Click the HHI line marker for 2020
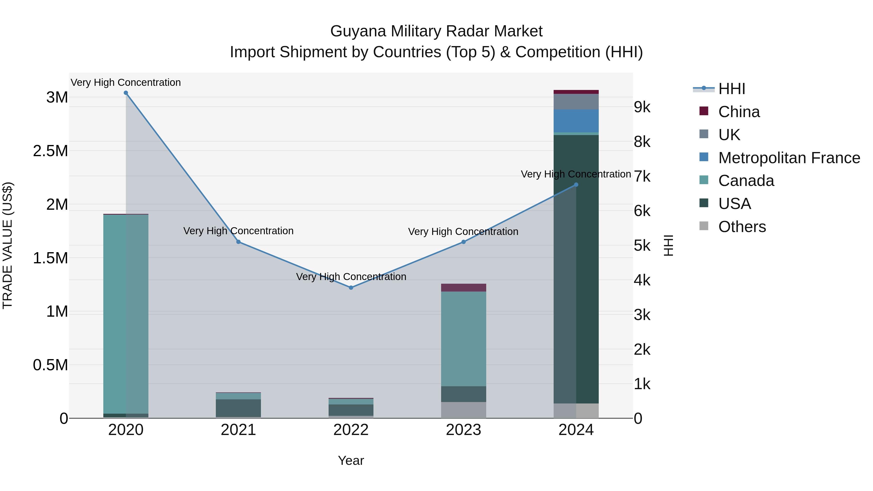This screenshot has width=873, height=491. pyautogui.click(x=126, y=93)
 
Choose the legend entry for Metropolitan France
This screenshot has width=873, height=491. pyautogui.click(x=789, y=158)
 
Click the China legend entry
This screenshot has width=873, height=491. pyautogui.click(x=739, y=112)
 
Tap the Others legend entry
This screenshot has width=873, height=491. pyautogui.click(x=742, y=227)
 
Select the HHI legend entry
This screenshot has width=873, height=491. pyautogui.click(x=731, y=89)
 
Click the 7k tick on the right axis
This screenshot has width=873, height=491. pyautogui.click(x=642, y=177)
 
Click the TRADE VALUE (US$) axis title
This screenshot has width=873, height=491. pyautogui.click(x=8, y=245)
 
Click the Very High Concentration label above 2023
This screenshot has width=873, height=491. pyautogui.click(x=463, y=232)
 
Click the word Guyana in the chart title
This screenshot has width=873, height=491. pyautogui.click(x=359, y=31)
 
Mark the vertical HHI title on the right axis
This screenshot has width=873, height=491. pyautogui.click(x=668, y=245)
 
